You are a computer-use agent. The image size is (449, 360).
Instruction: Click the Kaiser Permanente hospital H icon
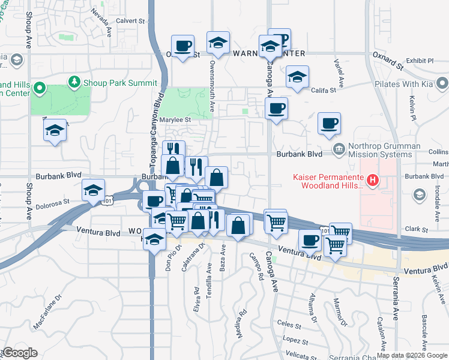click(373, 179)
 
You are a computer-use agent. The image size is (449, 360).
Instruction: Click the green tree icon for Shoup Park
click(74, 82)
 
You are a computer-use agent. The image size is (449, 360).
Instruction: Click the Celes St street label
click(289, 325)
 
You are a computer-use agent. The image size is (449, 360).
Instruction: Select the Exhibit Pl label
click(420, 61)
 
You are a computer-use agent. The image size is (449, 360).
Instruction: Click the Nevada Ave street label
click(101, 20)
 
